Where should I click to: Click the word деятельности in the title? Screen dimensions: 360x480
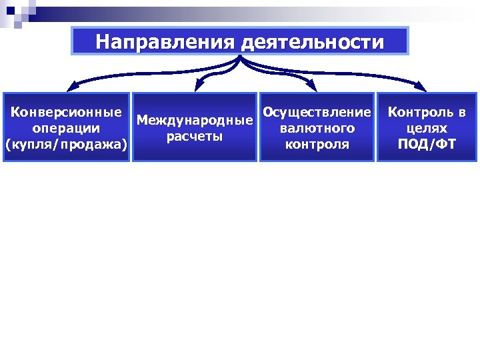(x=311, y=43)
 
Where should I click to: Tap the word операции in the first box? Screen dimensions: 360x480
(x=67, y=127)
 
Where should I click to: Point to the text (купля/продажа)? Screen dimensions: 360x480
(x=67, y=144)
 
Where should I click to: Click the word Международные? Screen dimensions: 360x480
(x=195, y=121)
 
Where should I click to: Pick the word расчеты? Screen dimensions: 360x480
(x=195, y=137)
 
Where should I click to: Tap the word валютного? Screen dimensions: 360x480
(x=317, y=127)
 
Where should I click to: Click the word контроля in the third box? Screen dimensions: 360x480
(x=317, y=144)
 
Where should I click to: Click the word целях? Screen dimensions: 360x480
(x=427, y=127)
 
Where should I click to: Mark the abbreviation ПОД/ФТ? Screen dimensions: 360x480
(x=427, y=144)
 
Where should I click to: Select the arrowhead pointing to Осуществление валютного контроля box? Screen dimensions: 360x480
(x=311, y=85)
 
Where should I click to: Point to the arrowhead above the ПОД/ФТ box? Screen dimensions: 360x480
(x=422, y=86)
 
